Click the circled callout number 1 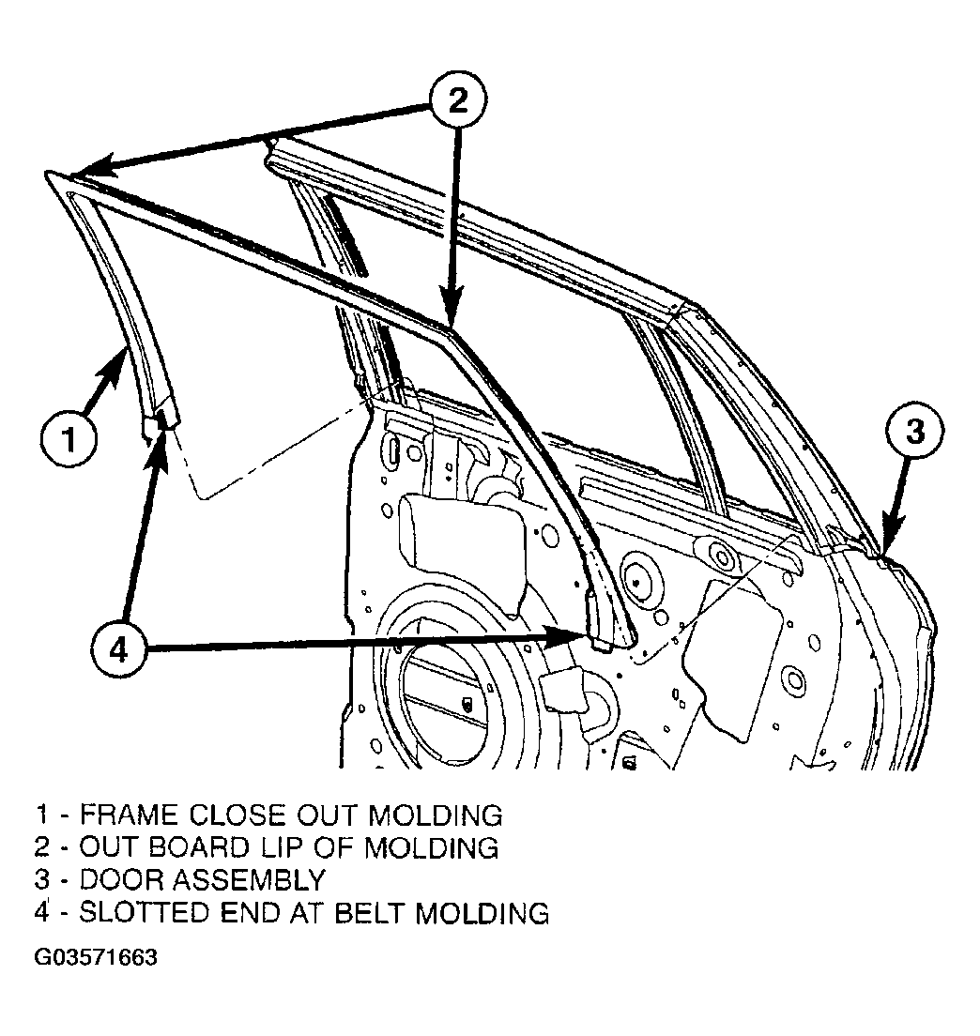coord(69,439)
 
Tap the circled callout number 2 coord(458,100)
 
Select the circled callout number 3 coord(915,432)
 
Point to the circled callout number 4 coord(118,651)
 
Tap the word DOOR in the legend coord(119,880)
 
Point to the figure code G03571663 coord(96,957)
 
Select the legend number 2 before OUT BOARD coord(42,847)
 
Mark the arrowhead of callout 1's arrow coord(116,363)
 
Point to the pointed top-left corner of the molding coord(46,173)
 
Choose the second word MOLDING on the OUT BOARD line coord(432,847)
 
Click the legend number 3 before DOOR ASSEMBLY coord(42,880)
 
